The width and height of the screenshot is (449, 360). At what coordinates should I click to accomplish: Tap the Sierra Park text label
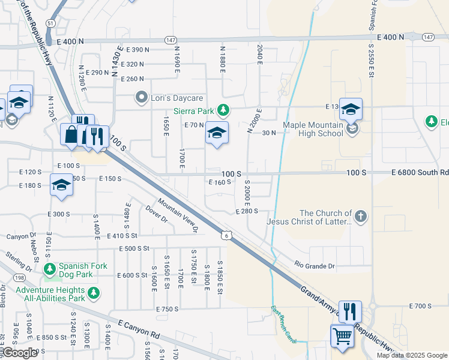[193, 110]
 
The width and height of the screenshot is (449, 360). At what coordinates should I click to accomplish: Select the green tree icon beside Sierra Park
[223, 110]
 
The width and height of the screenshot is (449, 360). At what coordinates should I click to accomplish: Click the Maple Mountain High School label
[313, 129]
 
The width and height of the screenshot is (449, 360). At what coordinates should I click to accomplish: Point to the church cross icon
[360, 217]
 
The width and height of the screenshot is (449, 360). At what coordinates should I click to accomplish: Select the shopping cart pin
[342, 335]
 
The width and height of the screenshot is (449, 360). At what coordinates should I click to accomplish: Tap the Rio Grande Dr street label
[314, 264]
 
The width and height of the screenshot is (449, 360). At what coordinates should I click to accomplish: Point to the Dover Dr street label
[155, 214]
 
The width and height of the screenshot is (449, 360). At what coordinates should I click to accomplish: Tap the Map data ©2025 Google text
[412, 355]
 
